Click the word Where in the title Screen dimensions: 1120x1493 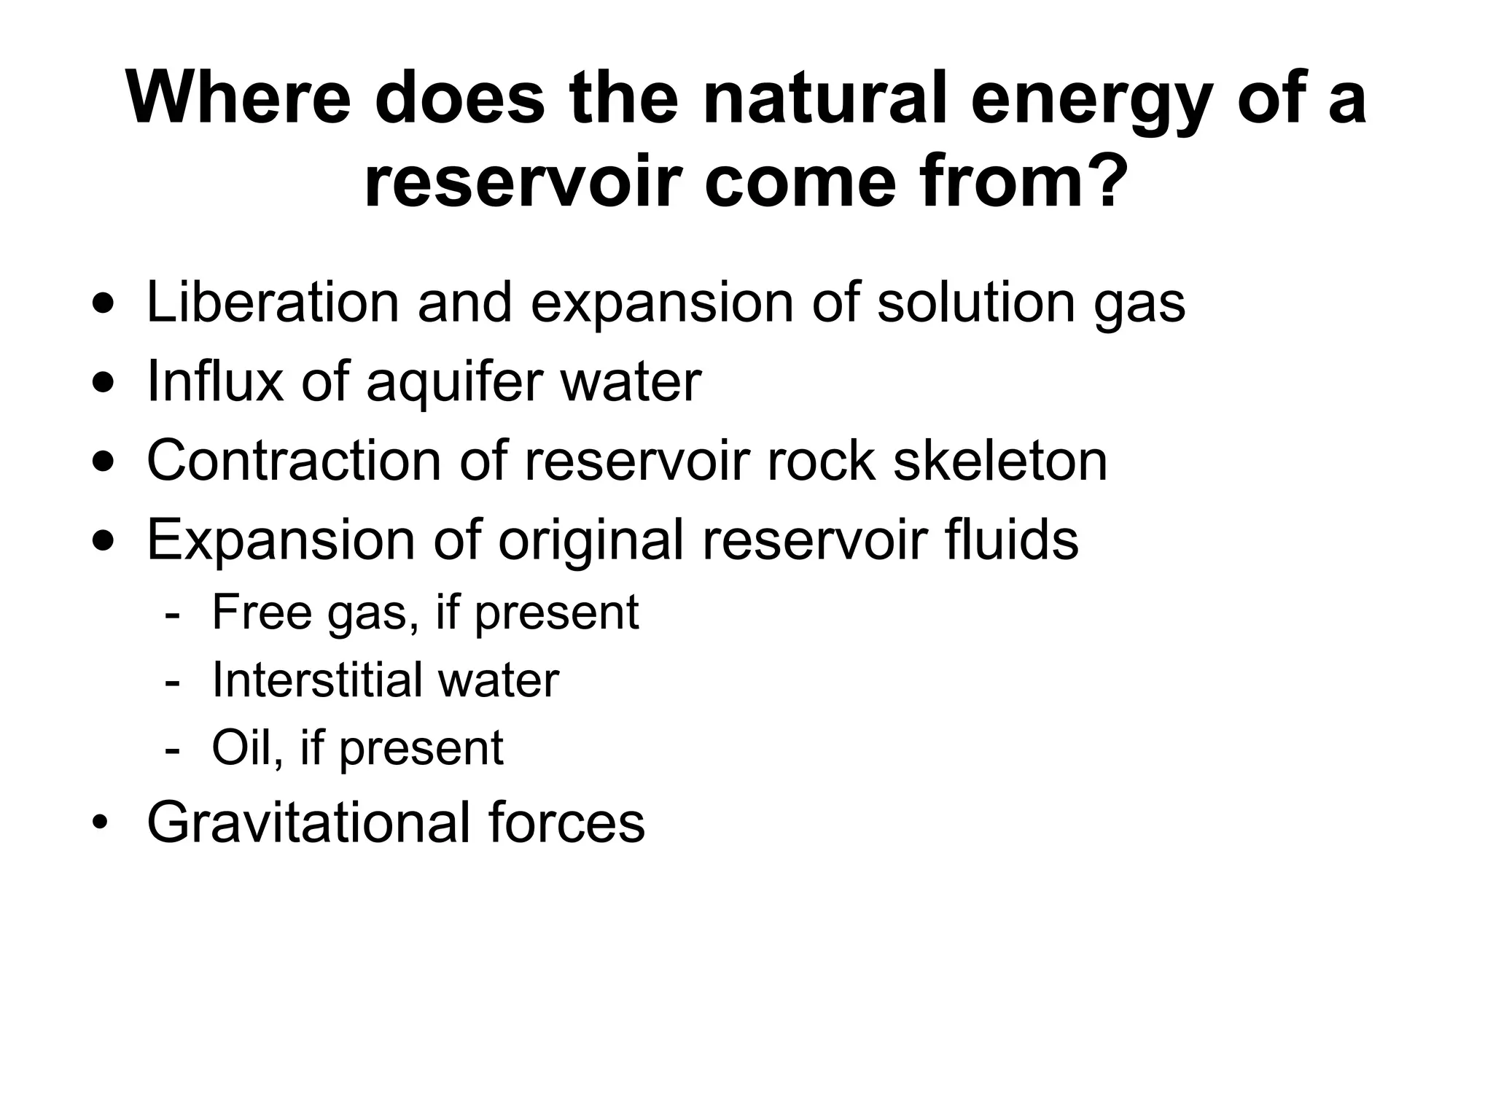click(x=238, y=99)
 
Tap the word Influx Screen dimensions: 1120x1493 click(x=214, y=381)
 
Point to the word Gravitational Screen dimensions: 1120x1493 click(x=307, y=822)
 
